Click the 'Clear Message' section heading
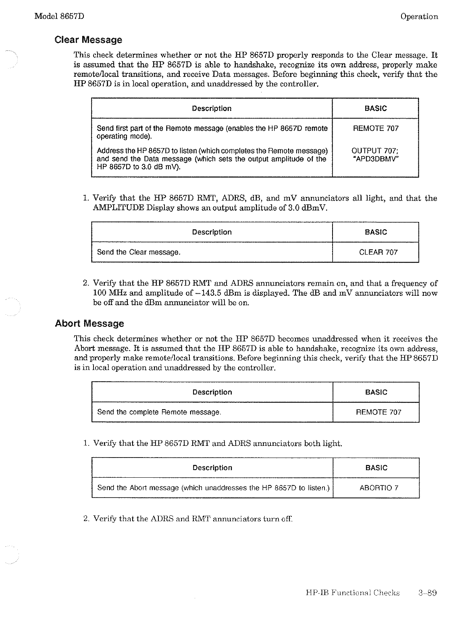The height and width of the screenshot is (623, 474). click(88, 40)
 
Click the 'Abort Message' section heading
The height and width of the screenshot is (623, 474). click(89, 324)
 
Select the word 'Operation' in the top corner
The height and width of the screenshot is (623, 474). click(419, 17)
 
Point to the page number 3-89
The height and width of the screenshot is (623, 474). click(427, 593)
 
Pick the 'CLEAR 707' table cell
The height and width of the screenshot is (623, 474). click(378, 252)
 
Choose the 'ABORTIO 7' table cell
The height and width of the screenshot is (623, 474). click(378, 488)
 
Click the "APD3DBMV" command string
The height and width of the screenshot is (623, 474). click(376, 159)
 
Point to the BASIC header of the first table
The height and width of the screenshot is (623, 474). click(375, 108)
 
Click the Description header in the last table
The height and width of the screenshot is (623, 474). click(212, 468)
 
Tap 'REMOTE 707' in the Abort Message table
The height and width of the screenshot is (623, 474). click(378, 412)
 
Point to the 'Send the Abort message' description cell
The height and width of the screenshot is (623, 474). click(213, 488)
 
